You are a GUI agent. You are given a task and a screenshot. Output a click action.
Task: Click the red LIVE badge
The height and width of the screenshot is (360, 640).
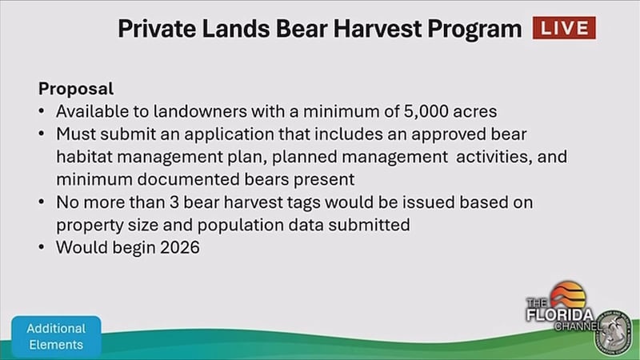pos(564,28)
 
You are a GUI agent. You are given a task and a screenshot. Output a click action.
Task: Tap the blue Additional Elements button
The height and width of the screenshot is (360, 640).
pos(56,337)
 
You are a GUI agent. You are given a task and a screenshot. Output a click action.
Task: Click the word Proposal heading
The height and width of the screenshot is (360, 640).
pos(76,89)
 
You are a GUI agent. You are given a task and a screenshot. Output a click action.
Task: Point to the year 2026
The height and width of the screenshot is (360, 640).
pos(180,247)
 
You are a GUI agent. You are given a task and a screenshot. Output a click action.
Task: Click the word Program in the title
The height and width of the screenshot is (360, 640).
pos(474,30)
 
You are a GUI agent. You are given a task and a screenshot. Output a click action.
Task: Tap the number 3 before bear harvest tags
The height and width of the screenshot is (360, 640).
pos(174,202)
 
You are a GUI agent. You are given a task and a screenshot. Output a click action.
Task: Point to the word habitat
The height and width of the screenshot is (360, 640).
pos(84,157)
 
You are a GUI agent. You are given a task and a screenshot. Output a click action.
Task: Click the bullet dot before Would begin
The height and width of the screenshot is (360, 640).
pos(42,247)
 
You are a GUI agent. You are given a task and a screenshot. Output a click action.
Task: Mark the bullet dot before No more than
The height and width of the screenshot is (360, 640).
pos(42,202)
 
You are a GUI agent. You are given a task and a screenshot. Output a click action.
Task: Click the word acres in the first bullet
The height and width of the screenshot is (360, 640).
pos(475,112)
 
